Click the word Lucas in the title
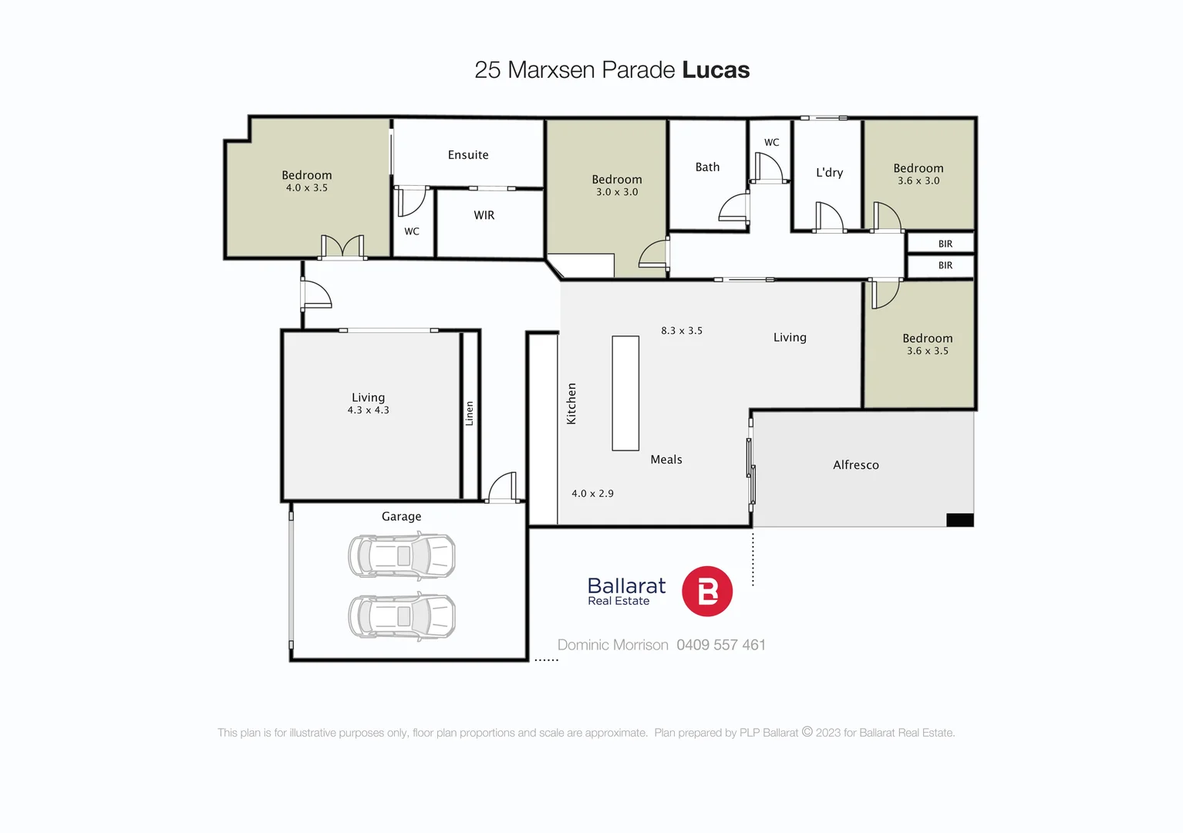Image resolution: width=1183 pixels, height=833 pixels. point(716,70)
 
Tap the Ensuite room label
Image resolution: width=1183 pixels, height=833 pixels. point(468,155)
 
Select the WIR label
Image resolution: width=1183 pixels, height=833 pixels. point(484,215)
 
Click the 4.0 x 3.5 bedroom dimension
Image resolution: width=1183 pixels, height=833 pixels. point(307,188)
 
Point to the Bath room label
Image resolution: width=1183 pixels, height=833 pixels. point(707,167)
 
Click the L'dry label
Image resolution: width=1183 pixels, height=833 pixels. point(829,173)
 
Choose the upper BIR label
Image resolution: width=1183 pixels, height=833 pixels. point(945,244)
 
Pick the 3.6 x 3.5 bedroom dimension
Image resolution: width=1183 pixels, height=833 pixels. point(927,351)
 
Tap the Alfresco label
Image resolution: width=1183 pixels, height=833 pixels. point(855,465)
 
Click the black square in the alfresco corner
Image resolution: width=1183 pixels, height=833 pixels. point(959,521)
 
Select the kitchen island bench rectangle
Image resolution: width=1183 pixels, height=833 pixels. point(625,393)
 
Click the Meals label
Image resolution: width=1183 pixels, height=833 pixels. point(666,460)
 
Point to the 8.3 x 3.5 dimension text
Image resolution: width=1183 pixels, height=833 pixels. point(682,331)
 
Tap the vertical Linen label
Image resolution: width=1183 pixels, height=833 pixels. point(469,413)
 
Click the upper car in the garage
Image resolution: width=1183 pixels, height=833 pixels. point(402,556)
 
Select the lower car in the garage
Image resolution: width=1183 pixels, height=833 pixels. point(402,616)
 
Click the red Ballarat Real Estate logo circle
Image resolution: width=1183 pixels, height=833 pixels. point(707,592)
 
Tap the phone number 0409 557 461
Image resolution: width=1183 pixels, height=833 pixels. point(721,645)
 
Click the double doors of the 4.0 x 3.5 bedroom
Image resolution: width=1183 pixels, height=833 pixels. point(342,248)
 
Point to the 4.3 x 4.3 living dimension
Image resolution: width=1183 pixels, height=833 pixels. point(368,410)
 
